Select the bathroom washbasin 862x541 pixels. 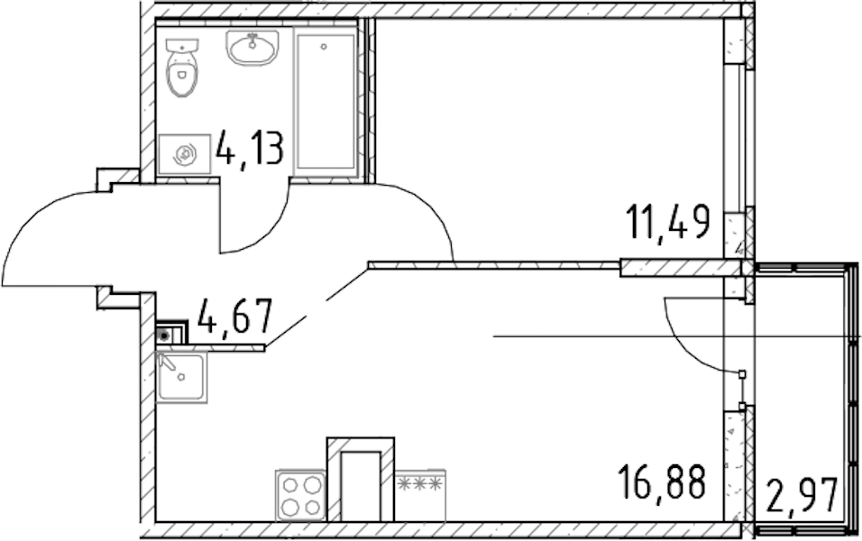252,48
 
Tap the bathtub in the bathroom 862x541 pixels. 326,102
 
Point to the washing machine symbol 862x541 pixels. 185,154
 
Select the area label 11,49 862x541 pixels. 668,221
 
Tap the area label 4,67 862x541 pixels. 234,316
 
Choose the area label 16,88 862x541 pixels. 661,481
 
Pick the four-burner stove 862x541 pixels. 300,495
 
